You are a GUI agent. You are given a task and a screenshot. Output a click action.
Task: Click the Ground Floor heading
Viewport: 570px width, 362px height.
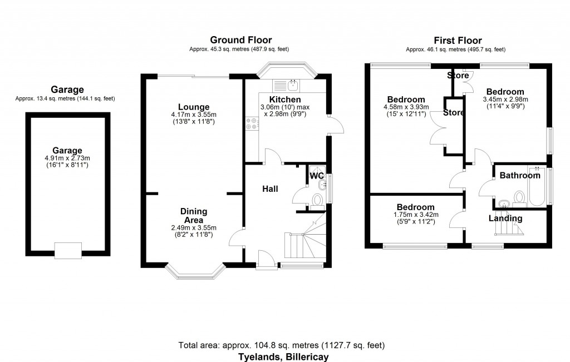[x=240, y=40]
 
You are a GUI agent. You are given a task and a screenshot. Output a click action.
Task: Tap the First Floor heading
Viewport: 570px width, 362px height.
[x=458, y=40]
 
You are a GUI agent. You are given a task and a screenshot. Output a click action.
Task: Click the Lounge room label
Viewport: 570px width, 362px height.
[x=194, y=107]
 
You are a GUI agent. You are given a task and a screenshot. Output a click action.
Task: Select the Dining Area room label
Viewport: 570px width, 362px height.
[x=194, y=215]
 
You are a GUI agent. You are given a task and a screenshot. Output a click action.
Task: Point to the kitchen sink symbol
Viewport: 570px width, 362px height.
[x=293, y=86]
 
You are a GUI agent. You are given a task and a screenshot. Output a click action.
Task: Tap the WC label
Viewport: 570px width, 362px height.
[x=317, y=176]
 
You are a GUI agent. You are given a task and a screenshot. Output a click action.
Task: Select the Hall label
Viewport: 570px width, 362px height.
[x=271, y=189]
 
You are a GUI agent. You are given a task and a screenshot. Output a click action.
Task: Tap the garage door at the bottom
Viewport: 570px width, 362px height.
[x=67, y=251]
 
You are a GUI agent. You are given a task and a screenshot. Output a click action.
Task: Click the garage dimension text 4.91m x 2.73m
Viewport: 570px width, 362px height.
[x=67, y=158]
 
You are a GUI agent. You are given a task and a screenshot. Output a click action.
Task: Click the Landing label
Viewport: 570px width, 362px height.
[x=506, y=219]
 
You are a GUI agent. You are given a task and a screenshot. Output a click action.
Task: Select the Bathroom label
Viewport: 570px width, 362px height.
[x=519, y=176]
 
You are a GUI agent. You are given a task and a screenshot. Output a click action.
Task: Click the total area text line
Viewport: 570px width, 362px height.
[x=281, y=345]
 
